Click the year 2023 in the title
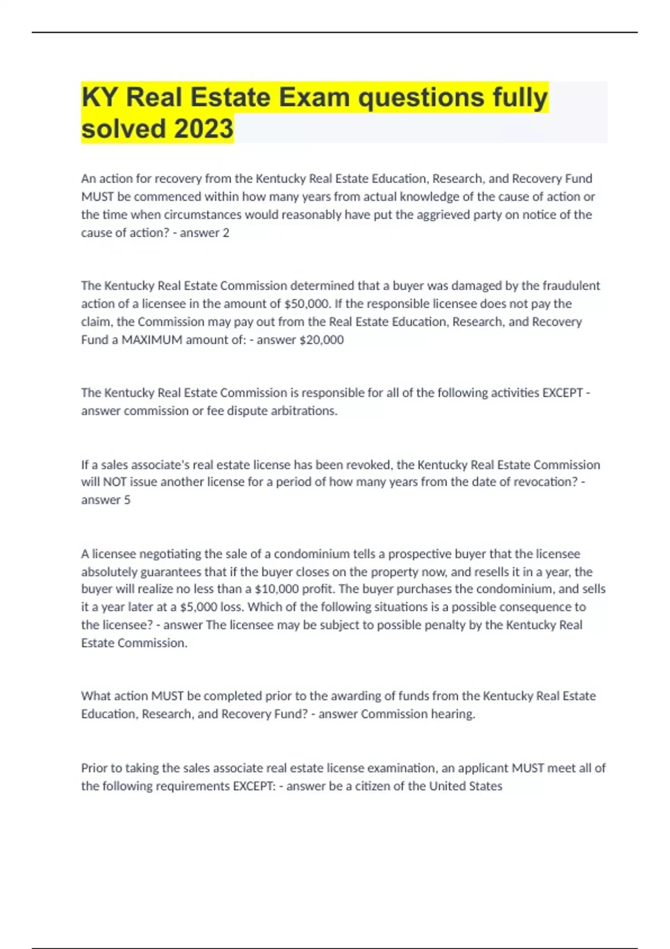204,128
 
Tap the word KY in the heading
99,98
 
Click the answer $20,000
322,339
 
